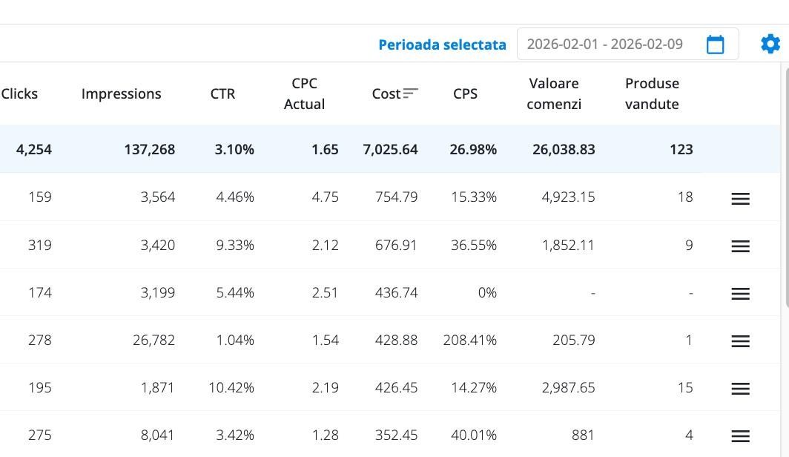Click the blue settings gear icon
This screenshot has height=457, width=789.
coord(770,44)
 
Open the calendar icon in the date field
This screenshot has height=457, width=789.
coord(715,45)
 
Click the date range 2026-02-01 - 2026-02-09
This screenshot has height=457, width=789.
coord(604,44)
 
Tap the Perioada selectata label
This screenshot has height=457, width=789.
coord(442,45)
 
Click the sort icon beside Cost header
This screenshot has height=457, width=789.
coord(411,93)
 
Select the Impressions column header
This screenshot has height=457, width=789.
coord(121,93)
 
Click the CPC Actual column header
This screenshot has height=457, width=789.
coord(304,93)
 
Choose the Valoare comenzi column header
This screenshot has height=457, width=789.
coord(554,93)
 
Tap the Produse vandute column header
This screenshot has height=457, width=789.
coord(652,93)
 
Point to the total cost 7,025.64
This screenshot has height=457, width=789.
coord(390,149)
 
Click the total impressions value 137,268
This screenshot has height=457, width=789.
coord(150,149)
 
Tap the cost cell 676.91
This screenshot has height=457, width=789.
coord(396,245)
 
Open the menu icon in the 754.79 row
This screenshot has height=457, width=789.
coord(740,198)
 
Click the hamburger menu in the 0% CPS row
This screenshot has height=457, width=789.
coord(740,293)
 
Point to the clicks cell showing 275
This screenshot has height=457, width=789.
coord(39,435)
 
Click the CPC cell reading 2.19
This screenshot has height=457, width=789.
coord(325,387)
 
